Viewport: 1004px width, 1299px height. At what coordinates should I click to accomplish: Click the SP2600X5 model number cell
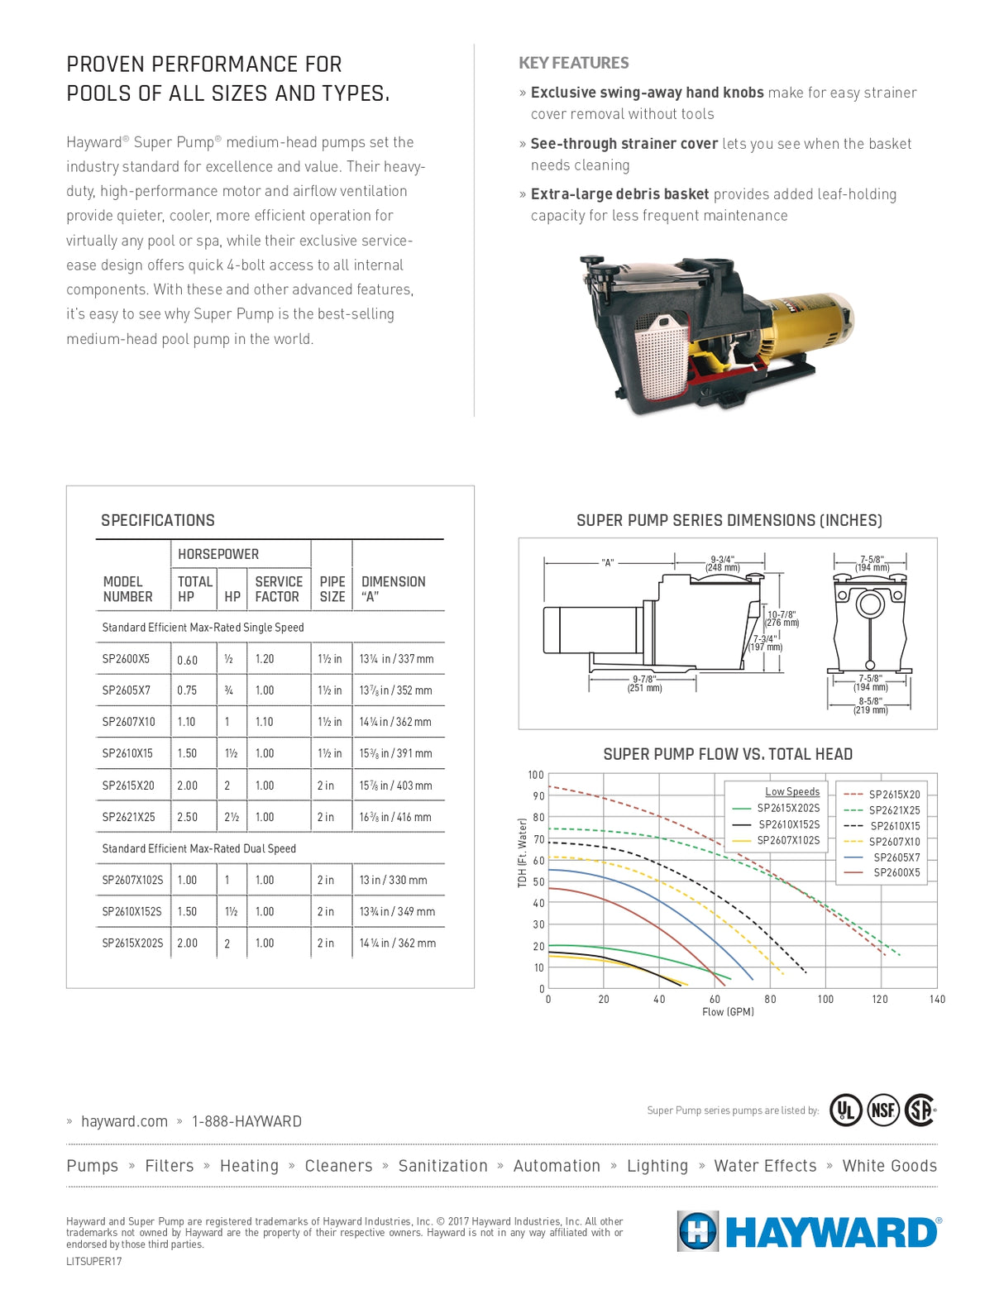[x=127, y=659]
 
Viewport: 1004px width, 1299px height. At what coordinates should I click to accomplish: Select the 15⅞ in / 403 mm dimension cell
[x=395, y=786]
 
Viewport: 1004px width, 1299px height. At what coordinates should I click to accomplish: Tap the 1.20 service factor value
[x=265, y=659]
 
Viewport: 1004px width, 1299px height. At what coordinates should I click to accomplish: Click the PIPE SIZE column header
[x=332, y=589]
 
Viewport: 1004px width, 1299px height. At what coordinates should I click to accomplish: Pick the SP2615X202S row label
[x=132, y=943]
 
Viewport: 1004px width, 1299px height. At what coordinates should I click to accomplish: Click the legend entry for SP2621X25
[x=893, y=810]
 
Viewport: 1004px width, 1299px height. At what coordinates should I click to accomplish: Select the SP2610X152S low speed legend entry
[x=788, y=824]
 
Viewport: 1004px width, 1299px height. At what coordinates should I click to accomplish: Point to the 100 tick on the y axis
[x=536, y=775]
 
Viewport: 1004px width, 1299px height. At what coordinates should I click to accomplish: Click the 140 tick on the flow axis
[x=936, y=1000]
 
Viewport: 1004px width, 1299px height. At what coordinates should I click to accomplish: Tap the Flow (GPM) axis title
[x=728, y=1012]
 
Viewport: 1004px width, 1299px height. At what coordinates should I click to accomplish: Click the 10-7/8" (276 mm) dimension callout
[x=782, y=618]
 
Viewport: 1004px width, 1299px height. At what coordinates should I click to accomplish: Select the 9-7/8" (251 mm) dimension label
[x=643, y=684]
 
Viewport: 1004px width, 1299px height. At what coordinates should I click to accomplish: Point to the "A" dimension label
[x=608, y=562]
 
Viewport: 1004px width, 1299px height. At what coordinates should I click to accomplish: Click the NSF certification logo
[x=883, y=1110]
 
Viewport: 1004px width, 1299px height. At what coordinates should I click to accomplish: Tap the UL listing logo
[x=845, y=1110]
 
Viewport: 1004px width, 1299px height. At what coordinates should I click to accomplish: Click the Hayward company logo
[x=808, y=1232]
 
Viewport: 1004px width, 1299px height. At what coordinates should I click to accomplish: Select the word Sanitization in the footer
[x=442, y=1166]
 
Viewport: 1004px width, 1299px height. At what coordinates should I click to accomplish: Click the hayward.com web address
[x=124, y=1121]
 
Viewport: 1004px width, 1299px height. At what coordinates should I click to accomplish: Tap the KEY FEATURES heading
[x=573, y=63]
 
